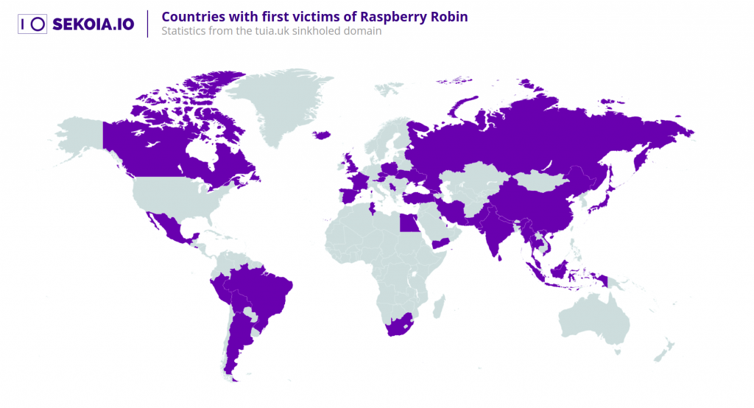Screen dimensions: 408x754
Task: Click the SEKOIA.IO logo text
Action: (x=93, y=24)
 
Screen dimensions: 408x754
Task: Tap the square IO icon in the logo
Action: (x=32, y=24)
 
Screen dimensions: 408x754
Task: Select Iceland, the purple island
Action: (x=321, y=135)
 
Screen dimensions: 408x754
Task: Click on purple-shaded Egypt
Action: (x=409, y=222)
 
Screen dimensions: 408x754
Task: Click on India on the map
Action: (x=501, y=232)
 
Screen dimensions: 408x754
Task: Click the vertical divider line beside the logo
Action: (x=148, y=24)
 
